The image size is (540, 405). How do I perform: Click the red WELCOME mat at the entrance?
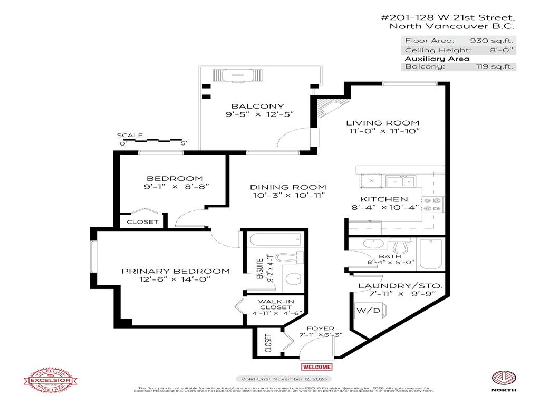(x=316, y=367)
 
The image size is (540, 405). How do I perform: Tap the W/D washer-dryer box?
(x=369, y=311)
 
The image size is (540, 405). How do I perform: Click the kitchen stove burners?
(x=436, y=204)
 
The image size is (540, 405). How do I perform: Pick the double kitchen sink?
(x=400, y=181)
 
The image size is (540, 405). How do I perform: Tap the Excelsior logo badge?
(x=52, y=378)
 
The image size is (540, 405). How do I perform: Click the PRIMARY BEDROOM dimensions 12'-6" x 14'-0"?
(x=176, y=280)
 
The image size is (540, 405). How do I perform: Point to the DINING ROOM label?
(x=288, y=187)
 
